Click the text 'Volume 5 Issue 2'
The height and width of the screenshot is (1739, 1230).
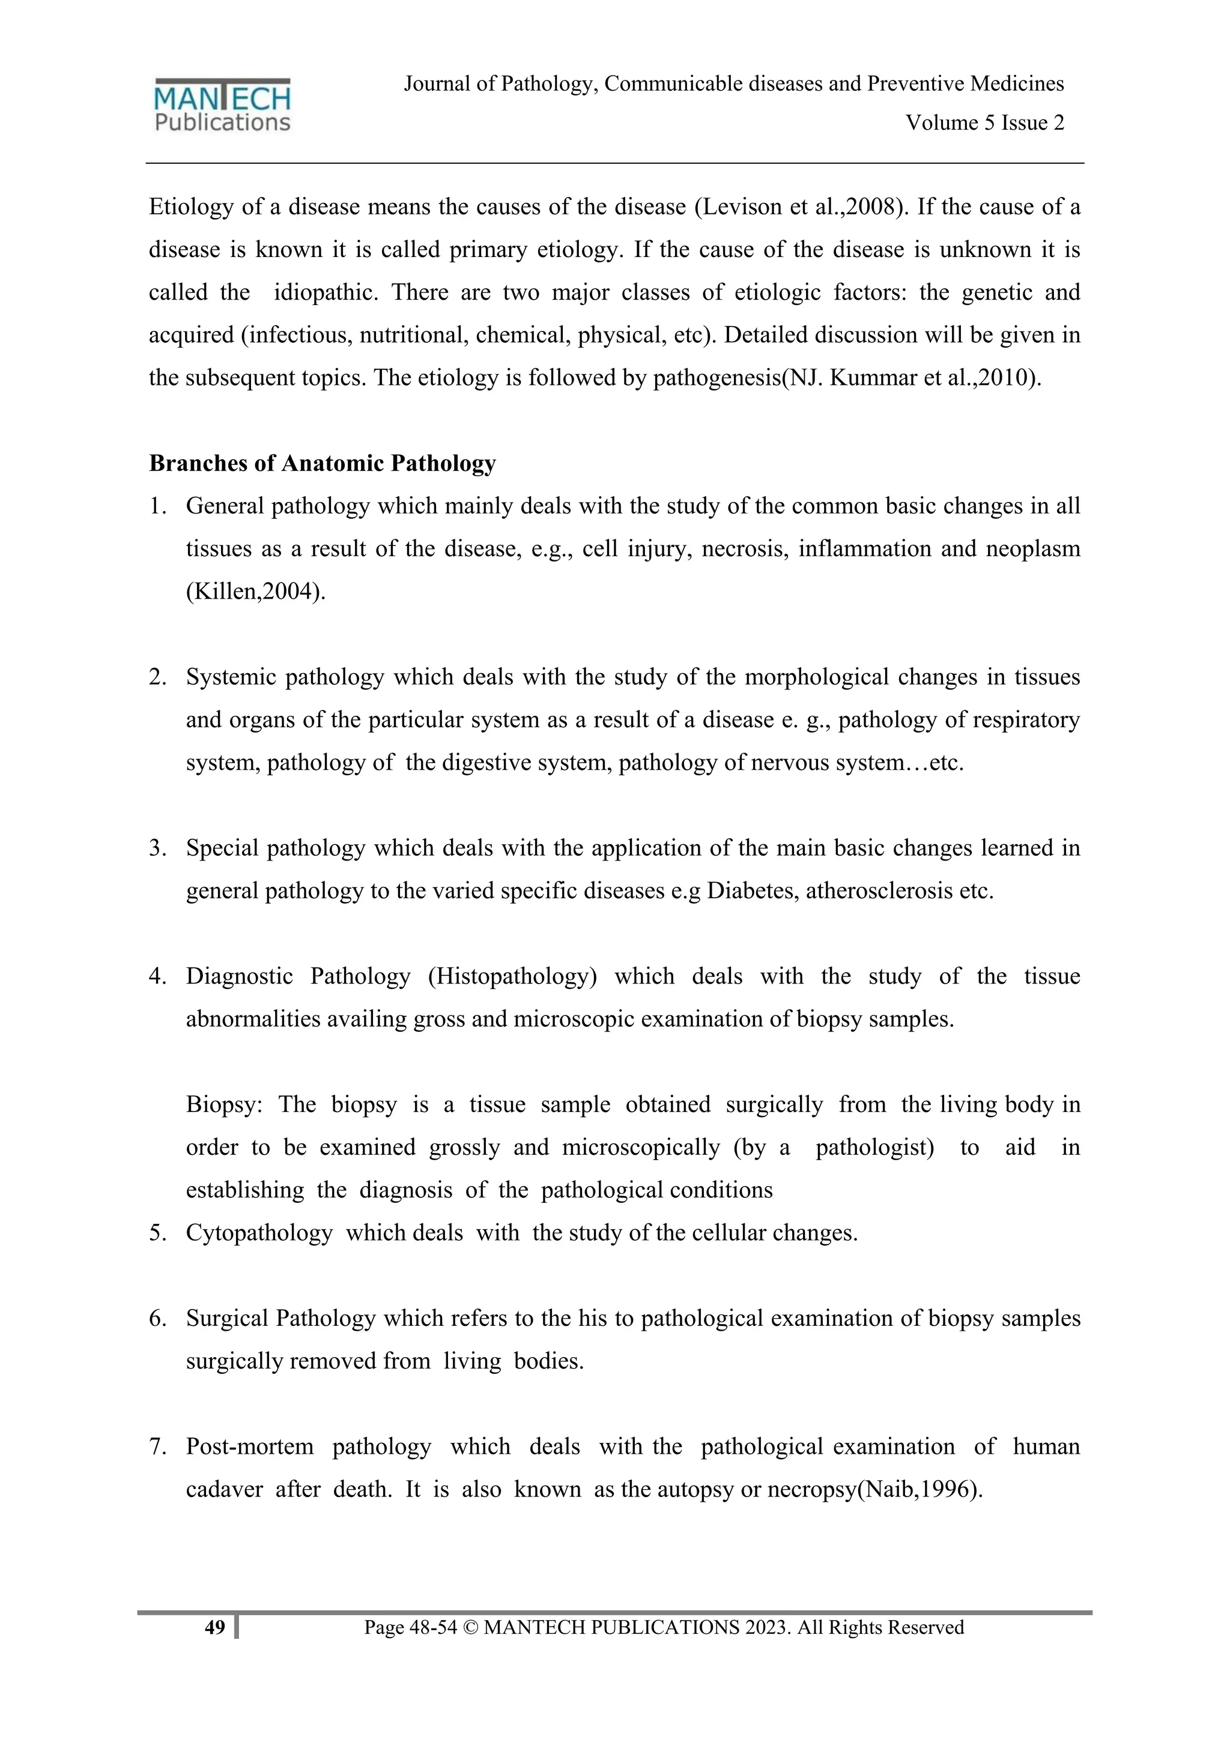[984, 122]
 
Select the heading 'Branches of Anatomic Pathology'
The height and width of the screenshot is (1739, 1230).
[322, 463]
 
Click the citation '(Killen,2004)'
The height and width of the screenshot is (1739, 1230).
[255, 591]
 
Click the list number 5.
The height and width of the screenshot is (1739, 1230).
[157, 1233]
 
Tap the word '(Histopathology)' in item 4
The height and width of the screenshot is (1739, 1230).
[512, 976]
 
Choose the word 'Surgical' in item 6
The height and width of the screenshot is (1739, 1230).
[227, 1319]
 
